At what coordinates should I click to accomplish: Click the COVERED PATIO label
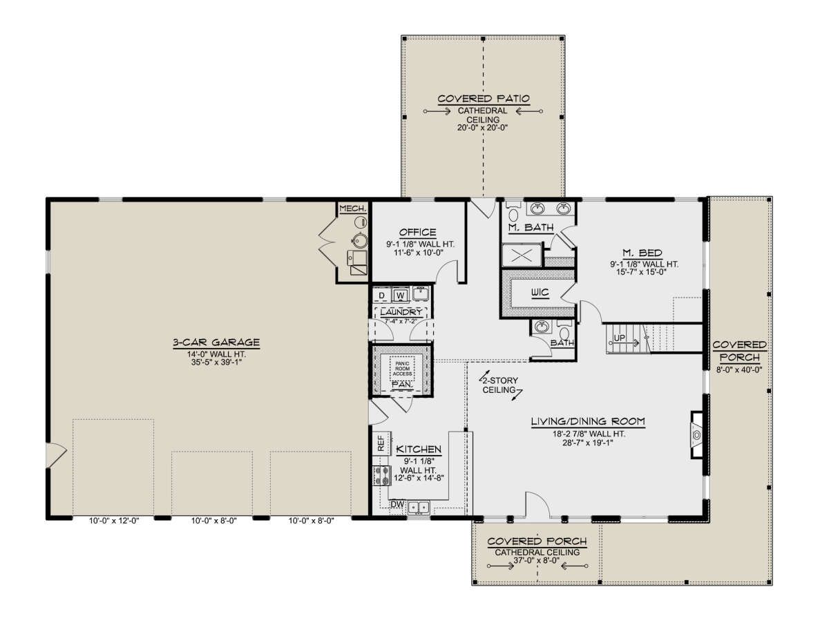tap(483, 99)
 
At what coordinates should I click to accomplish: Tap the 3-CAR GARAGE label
tap(216, 343)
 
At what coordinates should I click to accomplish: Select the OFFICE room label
tap(418, 232)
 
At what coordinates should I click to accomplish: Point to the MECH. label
tap(353, 209)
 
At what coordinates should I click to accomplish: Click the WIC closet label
tap(540, 292)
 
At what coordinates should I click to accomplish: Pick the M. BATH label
tap(531, 227)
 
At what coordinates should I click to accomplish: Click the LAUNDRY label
tap(401, 312)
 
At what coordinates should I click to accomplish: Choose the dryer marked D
tap(382, 295)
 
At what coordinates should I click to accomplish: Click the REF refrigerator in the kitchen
tap(381, 443)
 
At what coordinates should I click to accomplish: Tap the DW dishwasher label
tap(397, 504)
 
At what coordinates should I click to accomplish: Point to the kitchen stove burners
tap(381, 476)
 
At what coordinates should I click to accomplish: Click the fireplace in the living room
tap(696, 435)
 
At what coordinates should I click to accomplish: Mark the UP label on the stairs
tap(619, 338)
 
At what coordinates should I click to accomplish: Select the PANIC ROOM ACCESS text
tap(402, 369)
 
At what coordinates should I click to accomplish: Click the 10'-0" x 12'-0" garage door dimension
tap(114, 521)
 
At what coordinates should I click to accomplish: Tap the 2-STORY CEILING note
tap(500, 385)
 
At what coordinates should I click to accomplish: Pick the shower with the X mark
tap(522, 255)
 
